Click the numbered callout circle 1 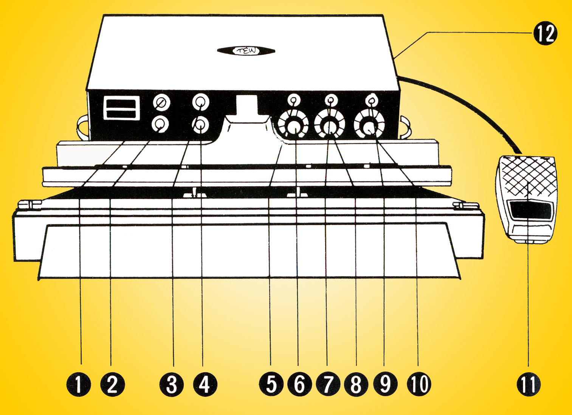pyautogui.click(x=78, y=384)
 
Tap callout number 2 pyautogui.click(x=112, y=384)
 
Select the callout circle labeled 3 pyautogui.click(x=172, y=384)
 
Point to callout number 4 pyautogui.click(x=205, y=384)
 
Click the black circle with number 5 pyautogui.click(x=271, y=384)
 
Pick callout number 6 pyautogui.click(x=299, y=384)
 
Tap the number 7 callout pyautogui.click(x=328, y=384)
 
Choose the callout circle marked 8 pyautogui.click(x=356, y=384)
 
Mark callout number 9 pyautogui.click(x=385, y=384)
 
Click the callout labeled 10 pyautogui.click(x=419, y=384)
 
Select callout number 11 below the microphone pyautogui.click(x=529, y=384)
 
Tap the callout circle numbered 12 pyautogui.click(x=545, y=33)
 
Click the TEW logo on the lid pyautogui.click(x=246, y=51)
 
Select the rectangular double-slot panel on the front pyautogui.click(x=122, y=108)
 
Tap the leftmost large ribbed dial pyautogui.click(x=293, y=125)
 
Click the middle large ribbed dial pyautogui.click(x=329, y=125)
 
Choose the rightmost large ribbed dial pyautogui.click(x=369, y=125)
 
